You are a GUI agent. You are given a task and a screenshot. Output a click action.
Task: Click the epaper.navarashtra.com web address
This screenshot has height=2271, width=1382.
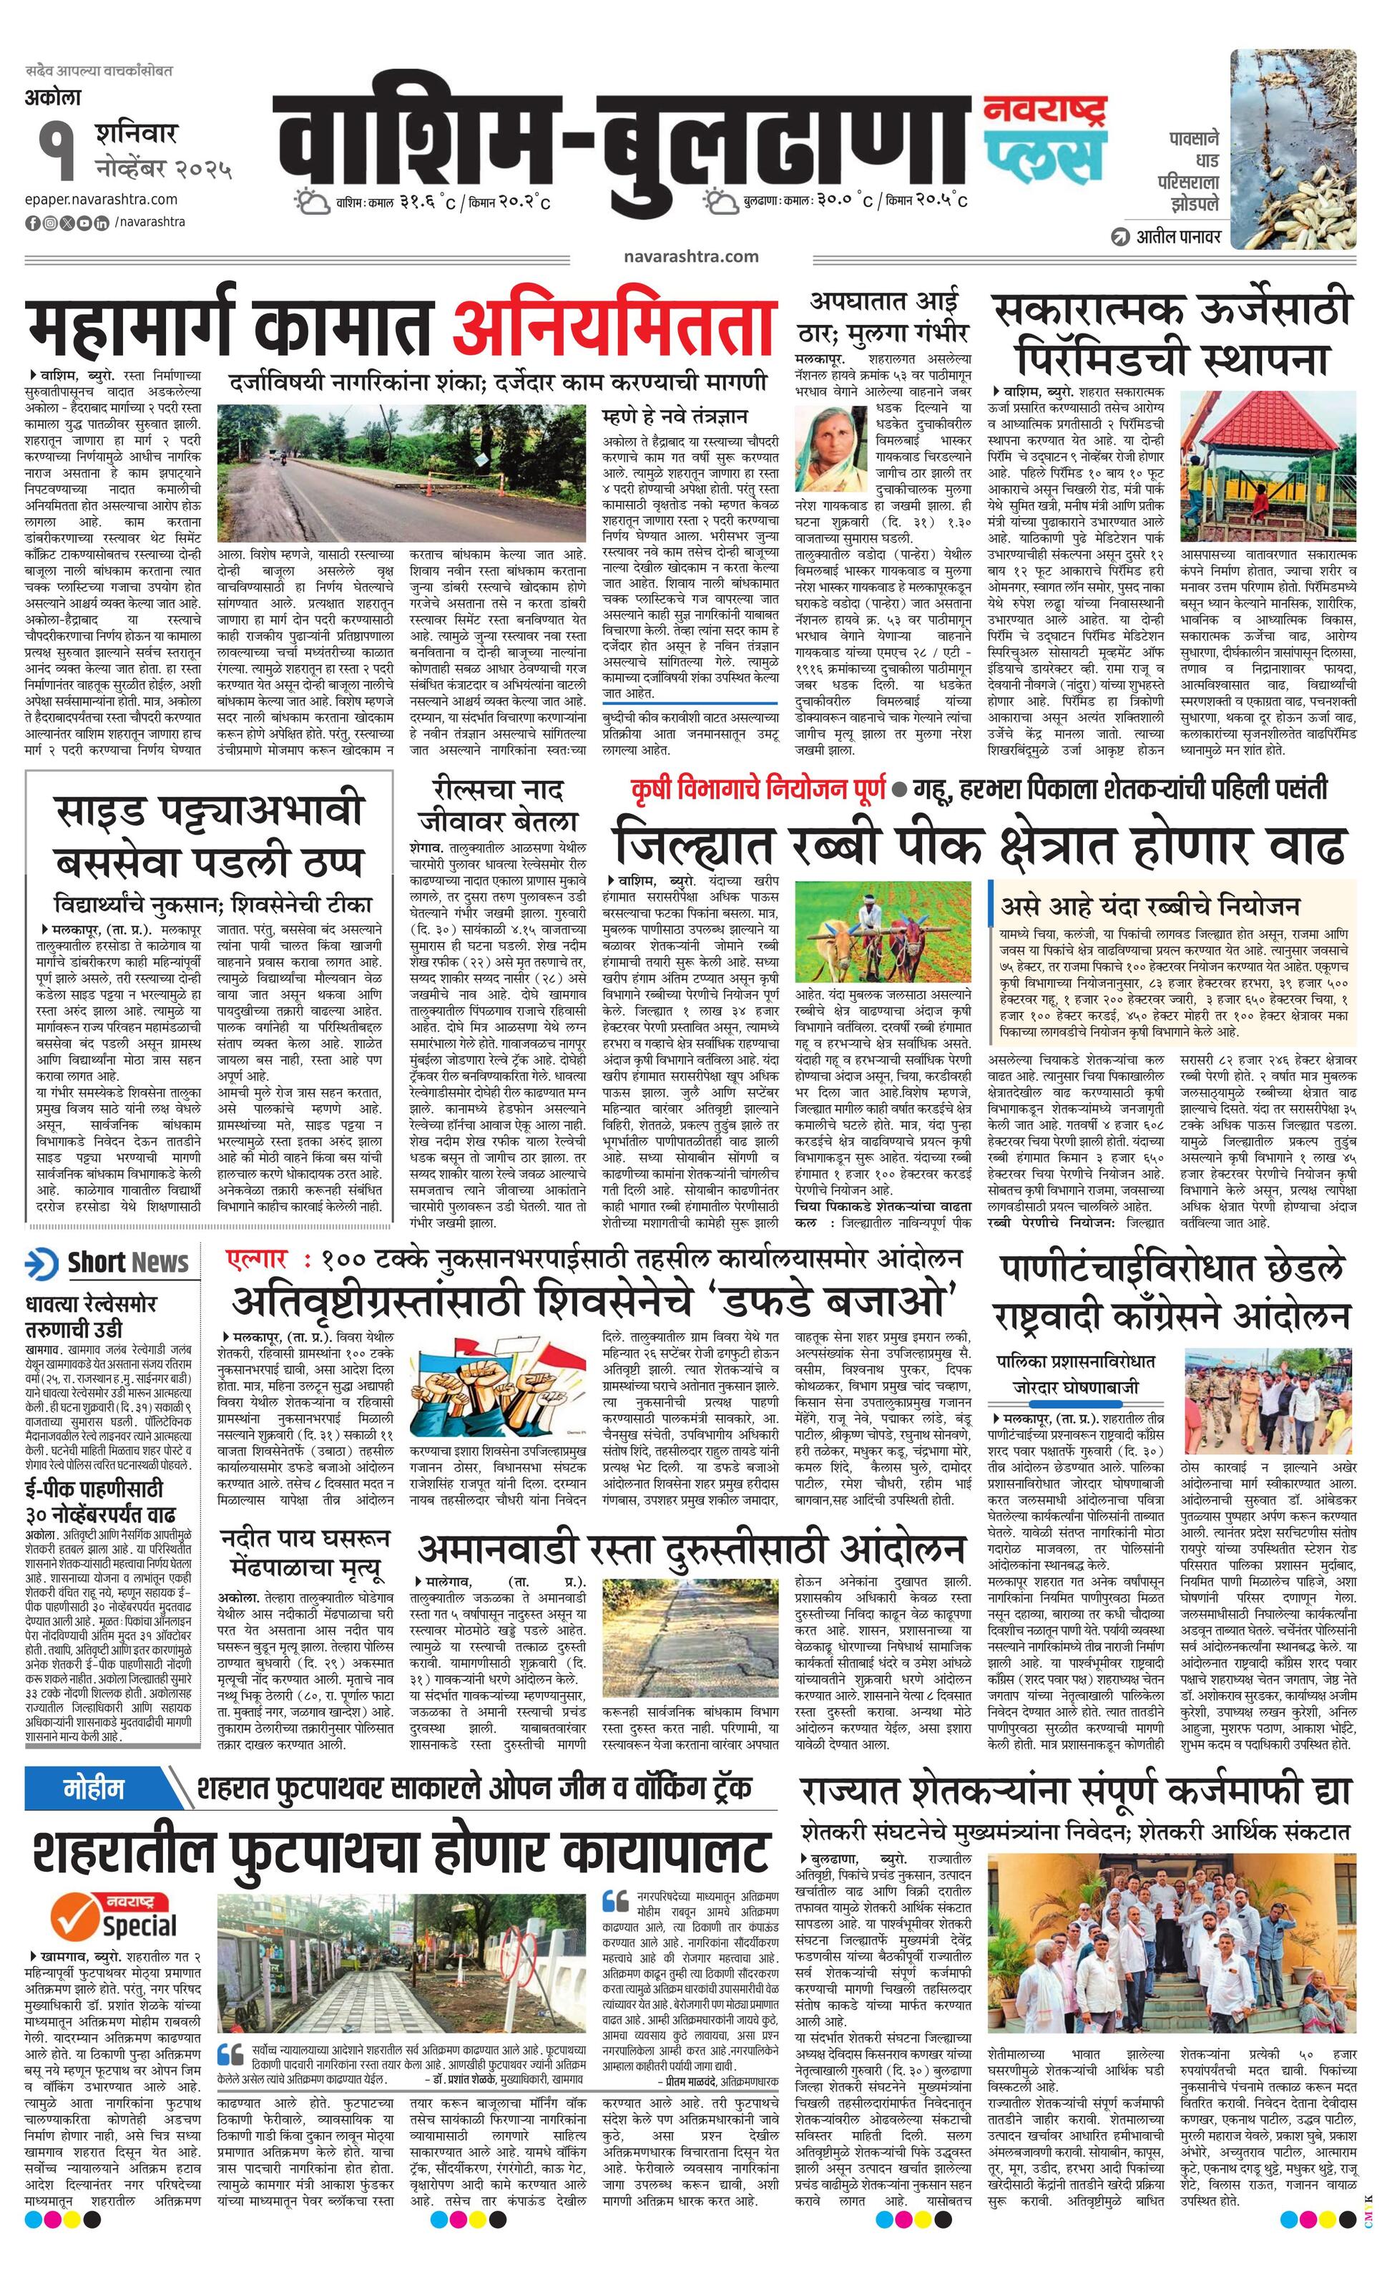[x=102, y=199]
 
